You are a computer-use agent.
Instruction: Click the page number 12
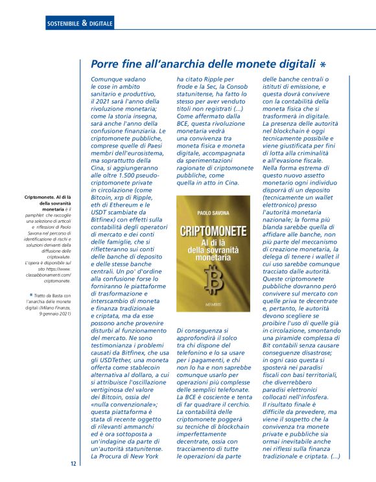click(x=73, y=464)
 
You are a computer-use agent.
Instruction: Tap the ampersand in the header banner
click(x=84, y=25)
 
